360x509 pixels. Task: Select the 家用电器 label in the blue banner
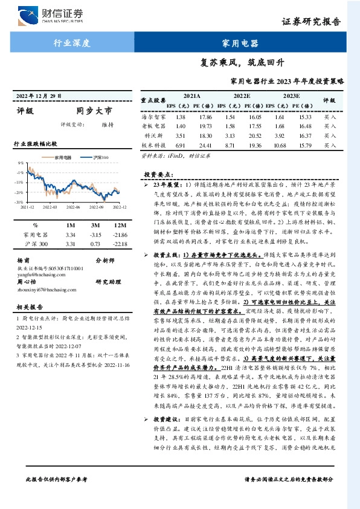(240, 43)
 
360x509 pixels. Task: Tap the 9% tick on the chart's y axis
(21, 163)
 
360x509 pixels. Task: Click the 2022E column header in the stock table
(242, 96)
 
